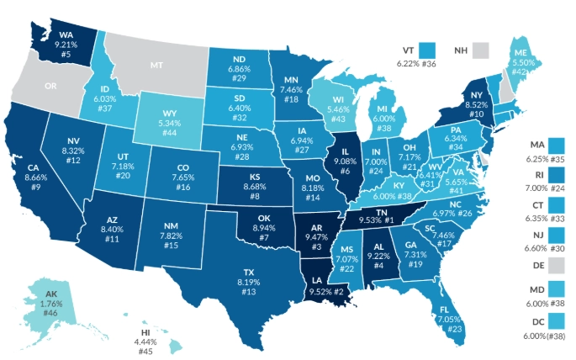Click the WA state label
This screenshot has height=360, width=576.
click(x=64, y=36)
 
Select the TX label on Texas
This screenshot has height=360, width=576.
click(x=249, y=273)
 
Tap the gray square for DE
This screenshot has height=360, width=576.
click(x=557, y=266)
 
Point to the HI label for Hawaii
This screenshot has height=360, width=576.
click(x=146, y=332)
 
